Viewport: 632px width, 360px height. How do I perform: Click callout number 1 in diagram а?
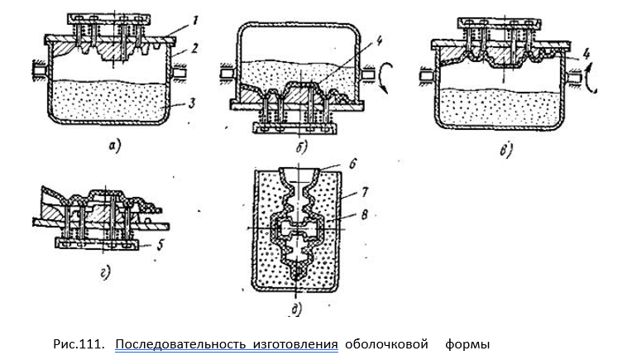[x=194, y=20]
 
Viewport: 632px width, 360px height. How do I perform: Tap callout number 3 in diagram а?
[x=191, y=103]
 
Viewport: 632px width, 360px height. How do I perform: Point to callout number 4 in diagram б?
[x=379, y=41]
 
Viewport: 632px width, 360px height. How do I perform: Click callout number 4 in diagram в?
[x=586, y=54]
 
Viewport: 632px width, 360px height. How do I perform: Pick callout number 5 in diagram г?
[x=160, y=245]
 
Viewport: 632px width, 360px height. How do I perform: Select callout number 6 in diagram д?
[x=352, y=165]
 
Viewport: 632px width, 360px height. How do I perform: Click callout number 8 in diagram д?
[x=364, y=214]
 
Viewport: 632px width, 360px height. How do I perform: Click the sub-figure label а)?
[x=114, y=146]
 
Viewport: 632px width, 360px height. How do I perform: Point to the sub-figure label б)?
[x=301, y=147]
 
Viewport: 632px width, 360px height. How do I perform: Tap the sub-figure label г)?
[x=105, y=274]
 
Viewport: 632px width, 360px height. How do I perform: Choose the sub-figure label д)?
[x=297, y=309]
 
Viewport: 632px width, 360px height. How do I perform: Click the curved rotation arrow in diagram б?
[x=383, y=78]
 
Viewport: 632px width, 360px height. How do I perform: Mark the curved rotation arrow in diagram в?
[x=591, y=77]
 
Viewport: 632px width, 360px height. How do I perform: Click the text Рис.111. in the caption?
[x=79, y=344]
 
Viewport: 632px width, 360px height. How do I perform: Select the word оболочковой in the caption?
[x=386, y=344]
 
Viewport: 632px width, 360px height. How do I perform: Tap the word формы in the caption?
[x=467, y=345]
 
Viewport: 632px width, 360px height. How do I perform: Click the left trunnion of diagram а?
[x=41, y=72]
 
